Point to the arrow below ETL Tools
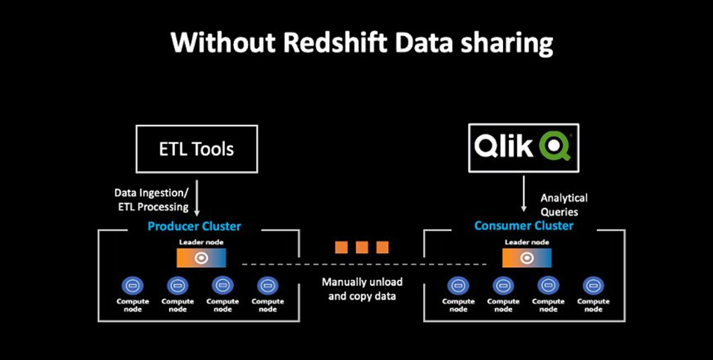tap(195, 196)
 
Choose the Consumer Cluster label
tap(523, 226)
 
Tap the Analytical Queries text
tap(564, 204)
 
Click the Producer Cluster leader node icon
tap(200, 257)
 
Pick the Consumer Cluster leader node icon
tap(527, 257)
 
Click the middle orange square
tap(362, 247)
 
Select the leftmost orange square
tap(342, 247)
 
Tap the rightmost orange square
tap(382, 247)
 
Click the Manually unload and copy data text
tap(362, 290)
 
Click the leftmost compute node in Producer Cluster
tap(132, 285)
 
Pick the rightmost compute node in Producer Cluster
tap(268, 285)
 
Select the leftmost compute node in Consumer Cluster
tap(458, 285)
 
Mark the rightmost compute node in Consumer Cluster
tap(593, 285)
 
